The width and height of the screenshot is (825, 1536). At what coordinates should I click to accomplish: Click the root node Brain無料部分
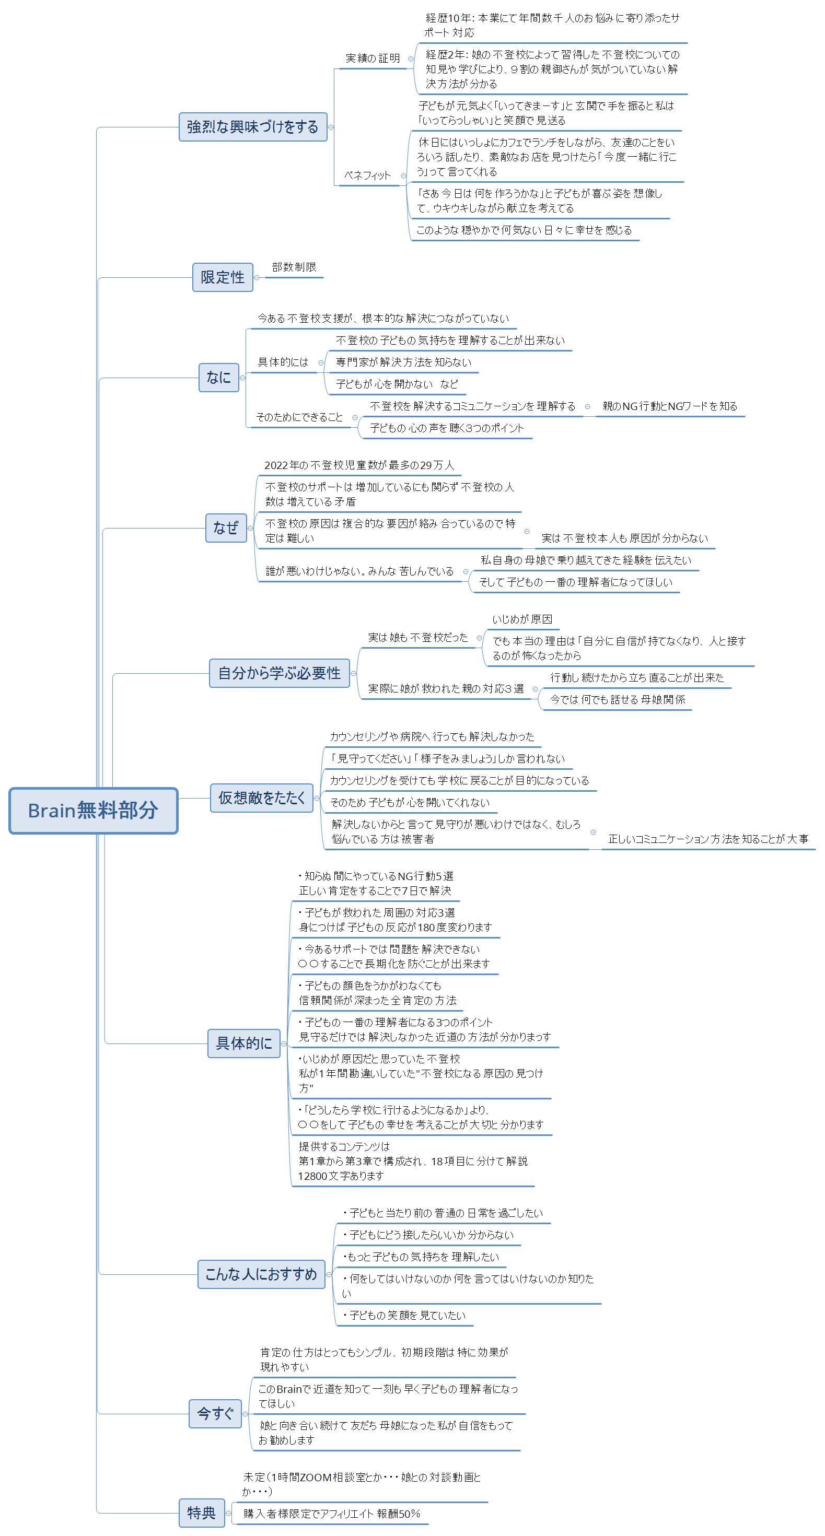[x=93, y=811]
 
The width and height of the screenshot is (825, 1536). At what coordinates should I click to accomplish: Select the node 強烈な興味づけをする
[x=252, y=127]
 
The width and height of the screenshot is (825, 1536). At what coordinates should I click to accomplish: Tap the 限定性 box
[x=222, y=277]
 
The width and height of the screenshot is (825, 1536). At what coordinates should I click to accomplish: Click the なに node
[x=218, y=378]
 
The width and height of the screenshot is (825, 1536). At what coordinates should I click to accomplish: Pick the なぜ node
[x=226, y=527]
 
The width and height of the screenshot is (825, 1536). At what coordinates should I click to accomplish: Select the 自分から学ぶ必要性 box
[x=278, y=673]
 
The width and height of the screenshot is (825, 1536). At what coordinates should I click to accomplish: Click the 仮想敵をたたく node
[x=261, y=798]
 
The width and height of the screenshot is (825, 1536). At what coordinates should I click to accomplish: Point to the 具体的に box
[x=243, y=1043]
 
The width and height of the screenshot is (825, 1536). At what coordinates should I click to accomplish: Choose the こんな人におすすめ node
[x=261, y=1274]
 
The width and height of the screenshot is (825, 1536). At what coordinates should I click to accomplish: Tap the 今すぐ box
[x=215, y=1413]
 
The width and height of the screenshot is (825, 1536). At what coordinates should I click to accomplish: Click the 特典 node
[x=201, y=1512]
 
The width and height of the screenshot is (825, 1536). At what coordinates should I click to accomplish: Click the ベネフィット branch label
[x=367, y=175]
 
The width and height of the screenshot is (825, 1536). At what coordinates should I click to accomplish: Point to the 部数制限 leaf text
[x=294, y=267]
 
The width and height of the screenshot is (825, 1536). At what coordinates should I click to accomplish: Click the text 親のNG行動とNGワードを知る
[x=669, y=406]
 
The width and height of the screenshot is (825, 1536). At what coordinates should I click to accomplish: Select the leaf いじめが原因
[x=522, y=619]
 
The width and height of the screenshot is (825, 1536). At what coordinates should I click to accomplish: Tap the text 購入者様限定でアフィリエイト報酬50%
[x=332, y=1514]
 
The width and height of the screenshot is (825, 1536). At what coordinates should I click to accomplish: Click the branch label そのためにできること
[x=299, y=417]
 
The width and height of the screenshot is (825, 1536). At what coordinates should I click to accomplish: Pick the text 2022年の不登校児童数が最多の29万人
[x=358, y=465]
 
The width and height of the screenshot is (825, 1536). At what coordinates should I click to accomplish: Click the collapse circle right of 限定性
[x=257, y=277]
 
